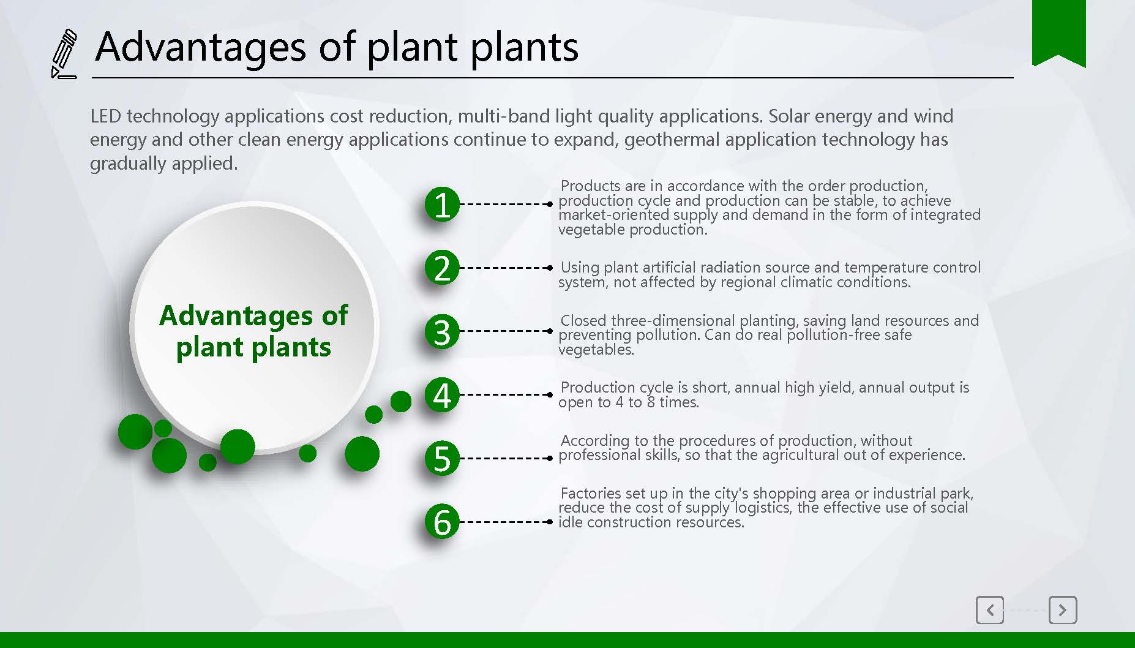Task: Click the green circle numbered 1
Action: [x=442, y=204]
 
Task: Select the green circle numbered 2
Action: [x=442, y=268]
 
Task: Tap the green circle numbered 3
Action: [x=442, y=331]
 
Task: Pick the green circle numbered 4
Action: [x=442, y=395]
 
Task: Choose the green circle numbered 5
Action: [x=442, y=458]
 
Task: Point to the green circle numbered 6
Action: [x=442, y=522]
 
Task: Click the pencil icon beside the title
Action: [x=64, y=54]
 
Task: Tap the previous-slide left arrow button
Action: [x=990, y=610]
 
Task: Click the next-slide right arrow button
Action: [x=1063, y=610]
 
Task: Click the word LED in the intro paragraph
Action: [x=105, y=116]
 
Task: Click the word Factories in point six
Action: [x=591, y=493]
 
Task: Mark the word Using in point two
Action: [x=580, y=268]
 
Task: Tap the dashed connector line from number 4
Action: [x=506, y=394]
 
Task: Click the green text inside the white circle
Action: [x=253, y=331]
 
